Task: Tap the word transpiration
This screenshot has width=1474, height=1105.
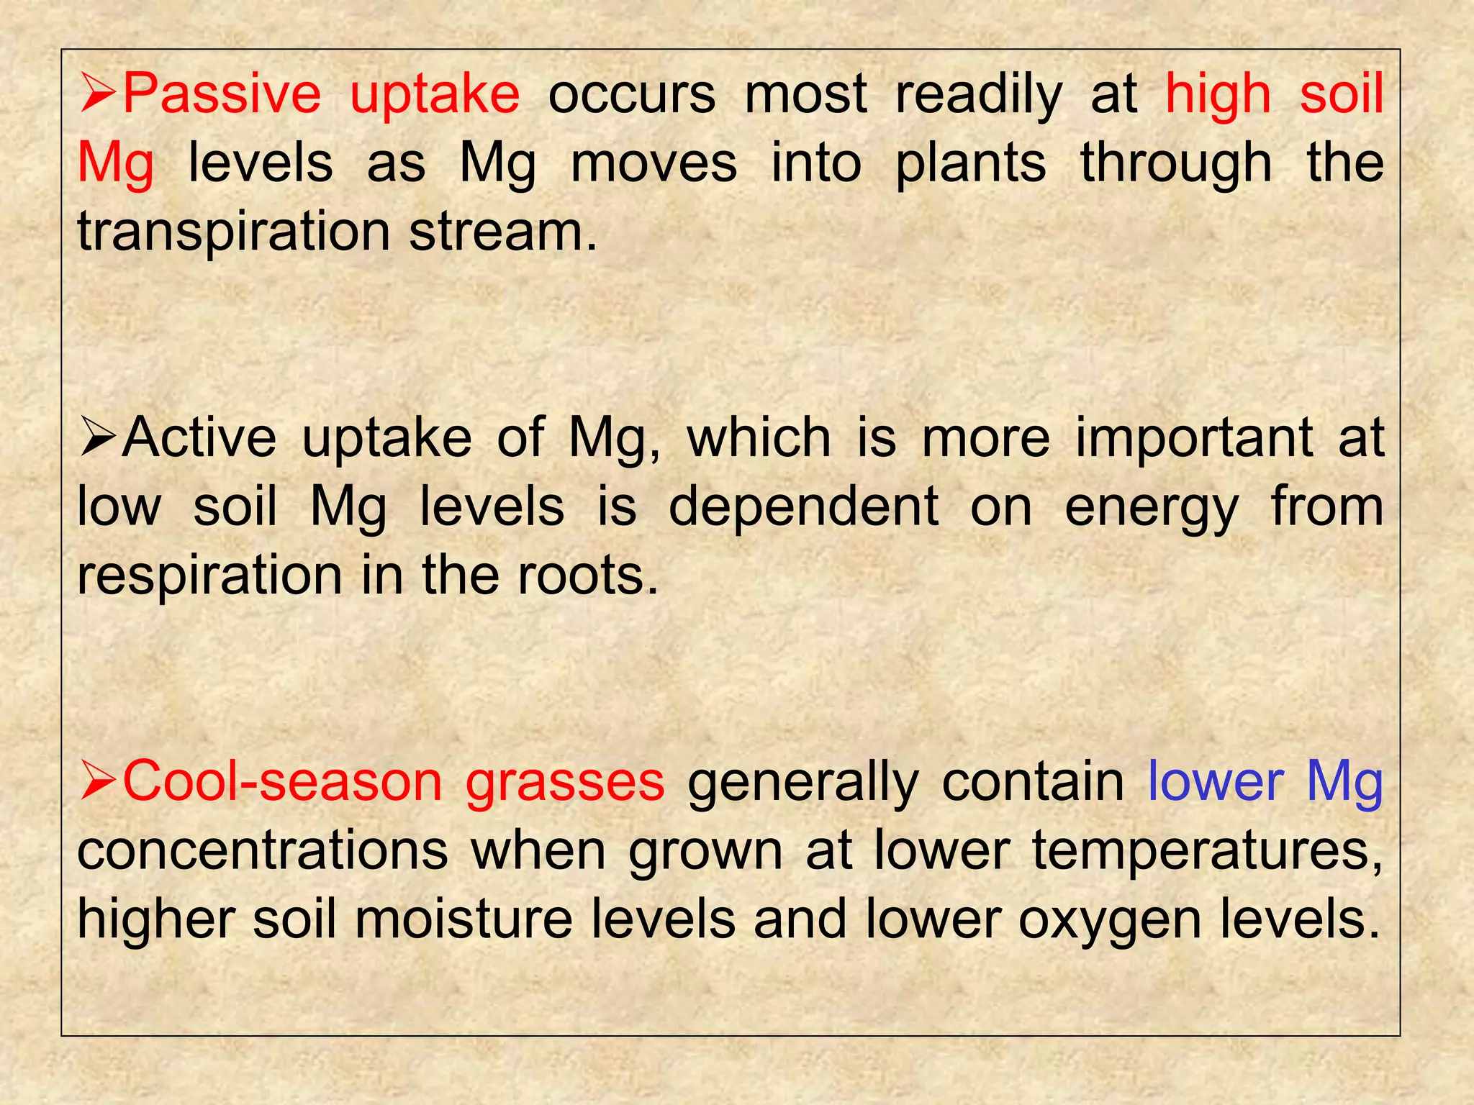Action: click(233, 232)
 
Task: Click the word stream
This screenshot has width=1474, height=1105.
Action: click(503, 232)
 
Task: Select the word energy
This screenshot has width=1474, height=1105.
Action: click(1152, 508)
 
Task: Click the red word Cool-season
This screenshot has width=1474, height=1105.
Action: click(282, 782)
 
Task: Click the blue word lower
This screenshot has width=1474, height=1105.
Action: click(1216, 782)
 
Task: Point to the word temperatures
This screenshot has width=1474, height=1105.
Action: click(1207, 852)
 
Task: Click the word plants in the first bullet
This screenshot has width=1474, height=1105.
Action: click(970, 165)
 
